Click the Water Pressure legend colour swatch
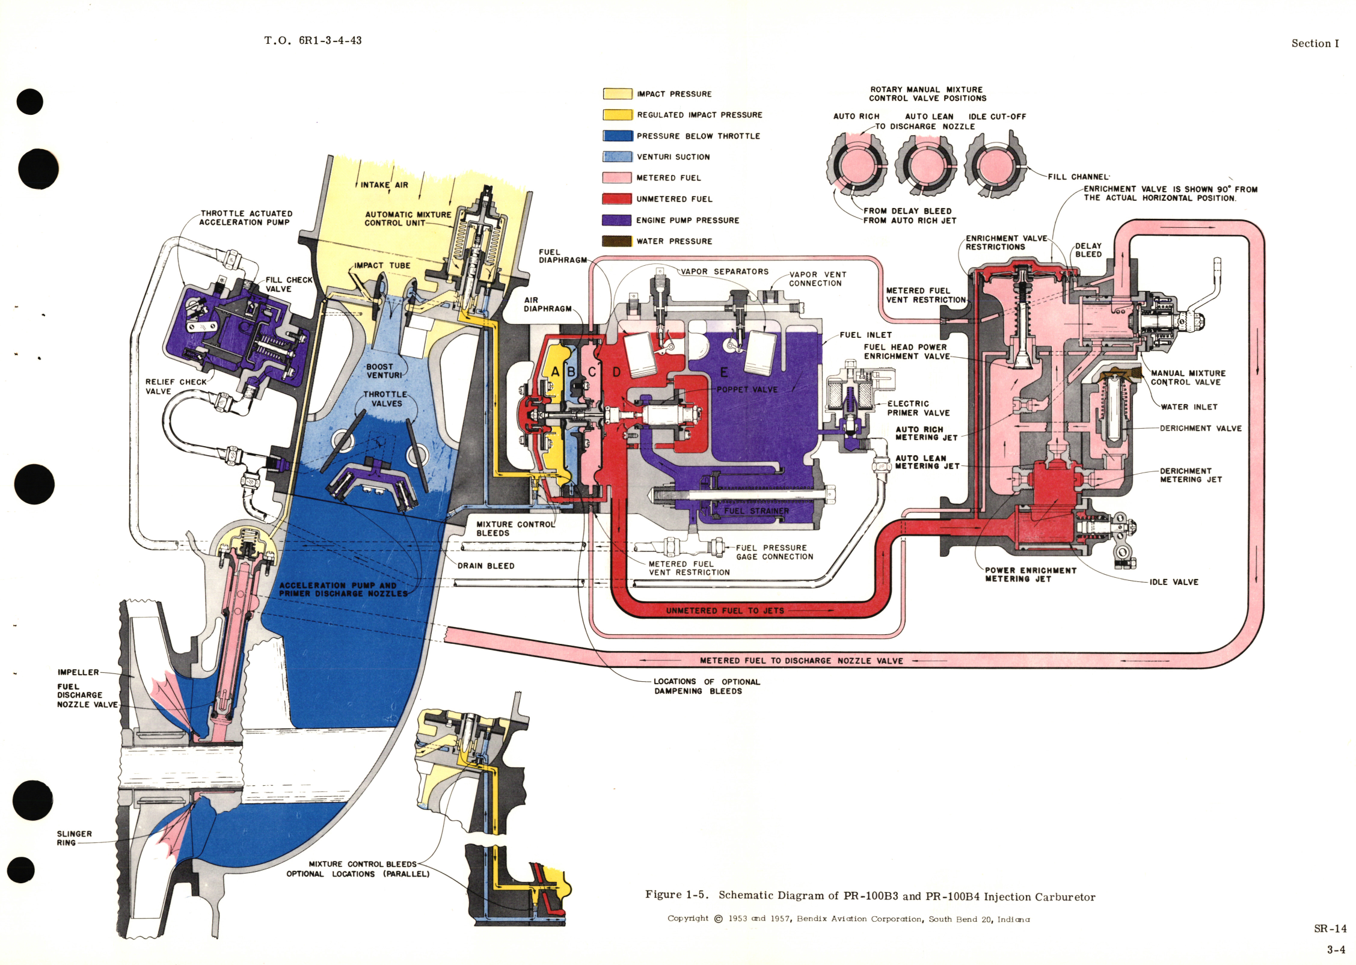(617, 241)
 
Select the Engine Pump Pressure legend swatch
(617, 220)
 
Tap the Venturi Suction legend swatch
(617, 157)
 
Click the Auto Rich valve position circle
(856, 164)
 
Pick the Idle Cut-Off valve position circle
(995, 164)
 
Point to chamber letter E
(724, 372)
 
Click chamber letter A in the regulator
(555, 372)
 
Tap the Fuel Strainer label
(756, 511)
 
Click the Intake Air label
(384, 185)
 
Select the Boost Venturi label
(384, 371)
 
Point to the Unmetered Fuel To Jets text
(725, 610)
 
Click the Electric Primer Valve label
(918, 408)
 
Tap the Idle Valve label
(1174, 582)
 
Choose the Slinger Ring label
(74, 838)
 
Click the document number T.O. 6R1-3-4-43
(313, 40)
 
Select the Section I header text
(1315, 43)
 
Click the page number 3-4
(1336, 950)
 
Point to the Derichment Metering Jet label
(1191, 475)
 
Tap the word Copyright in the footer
(688, 918)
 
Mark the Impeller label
(78, 672)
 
